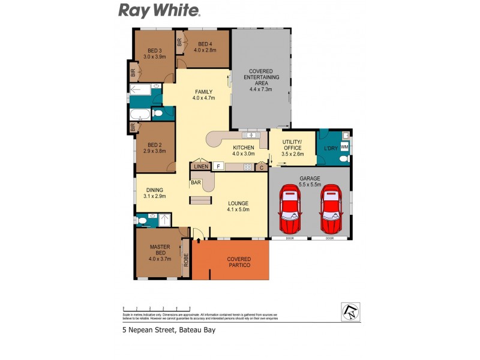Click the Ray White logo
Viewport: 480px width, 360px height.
coord(159,10)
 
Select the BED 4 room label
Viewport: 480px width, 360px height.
coord(204,47)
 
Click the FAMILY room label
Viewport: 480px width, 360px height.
coord(203,95)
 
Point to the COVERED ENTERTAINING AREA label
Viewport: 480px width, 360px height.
coord(261,80)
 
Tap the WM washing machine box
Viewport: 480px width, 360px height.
coord(344,146)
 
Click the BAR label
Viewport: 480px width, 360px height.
coord(196,181)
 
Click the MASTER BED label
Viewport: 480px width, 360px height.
coord(160,253)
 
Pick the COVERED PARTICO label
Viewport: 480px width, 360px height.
coord(239,262)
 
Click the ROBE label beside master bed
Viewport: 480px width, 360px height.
coord(186,260)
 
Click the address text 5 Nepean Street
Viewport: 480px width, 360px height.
coord(168,329)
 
